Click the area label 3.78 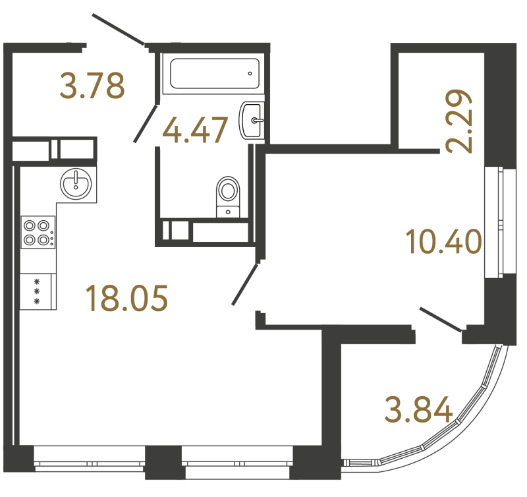[x=92, y=86]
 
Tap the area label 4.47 [x=195, y=129]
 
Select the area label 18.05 [x=126, y=298]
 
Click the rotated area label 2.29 [x=458, y=121]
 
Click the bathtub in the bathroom [x=215, y=74]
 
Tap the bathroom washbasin [x=252, y=121]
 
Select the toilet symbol [x=228, y=197]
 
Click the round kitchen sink [x=76, y=184]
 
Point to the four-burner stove [x=38, y=233]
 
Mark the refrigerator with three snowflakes [x=38, y=291]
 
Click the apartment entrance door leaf [x=118, y=29]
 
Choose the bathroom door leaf [x=146, y=124]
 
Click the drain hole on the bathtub [x=250, y=74]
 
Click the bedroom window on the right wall [x=500, y=222]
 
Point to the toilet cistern [x=228, y=212]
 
